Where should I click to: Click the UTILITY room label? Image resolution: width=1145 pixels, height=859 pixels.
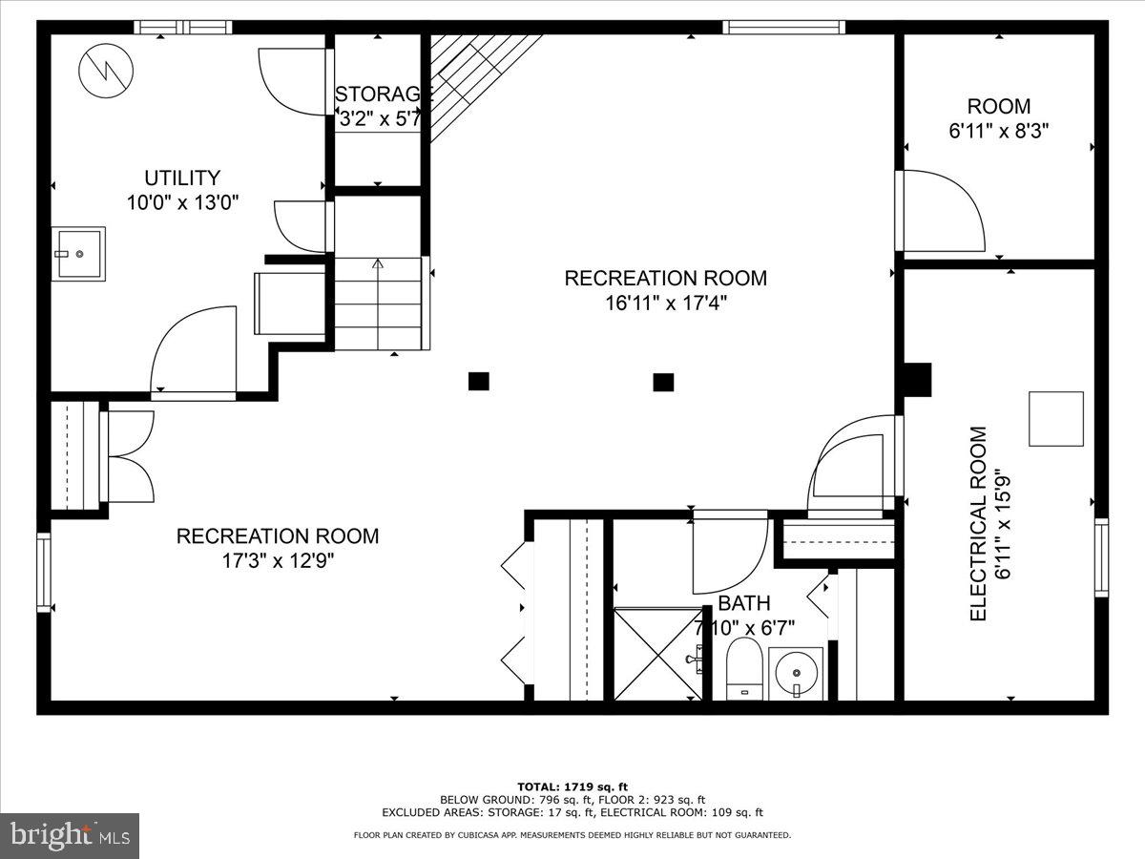click(x=181, y=178)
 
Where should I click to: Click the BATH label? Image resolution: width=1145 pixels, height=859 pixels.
click(x=744, y=603)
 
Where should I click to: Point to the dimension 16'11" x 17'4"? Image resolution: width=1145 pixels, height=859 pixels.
click(x=665, y=304)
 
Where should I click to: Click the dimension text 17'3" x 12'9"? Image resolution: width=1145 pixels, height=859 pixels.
click(x=277, y=561)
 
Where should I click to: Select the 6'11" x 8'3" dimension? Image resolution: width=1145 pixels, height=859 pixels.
click(x=999, y=132)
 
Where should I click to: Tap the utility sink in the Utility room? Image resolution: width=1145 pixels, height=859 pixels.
click(x=77, y=253)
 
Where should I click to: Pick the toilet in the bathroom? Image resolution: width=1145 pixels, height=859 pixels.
click(x=743, y=668)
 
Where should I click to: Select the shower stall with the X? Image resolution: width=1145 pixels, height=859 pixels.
click(x=656, y=654)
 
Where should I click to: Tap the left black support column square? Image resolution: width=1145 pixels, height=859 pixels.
click(x=479, y=382)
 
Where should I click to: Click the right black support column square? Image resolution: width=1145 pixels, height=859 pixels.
click(x=663, y=382)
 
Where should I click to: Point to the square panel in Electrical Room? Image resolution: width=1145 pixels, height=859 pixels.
click(x=1055, y=418)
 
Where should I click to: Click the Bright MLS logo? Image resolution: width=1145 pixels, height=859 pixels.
click(x=70, y=835)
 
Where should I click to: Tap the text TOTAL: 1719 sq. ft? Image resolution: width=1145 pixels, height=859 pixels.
click(x=572, y=786)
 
